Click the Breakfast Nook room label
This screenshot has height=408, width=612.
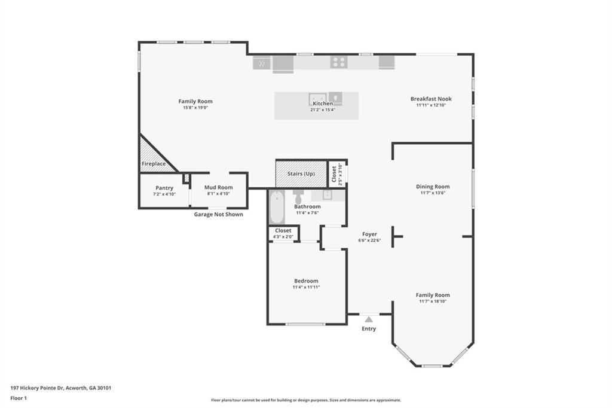coord(430,99)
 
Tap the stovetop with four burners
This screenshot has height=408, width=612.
coord(339,62)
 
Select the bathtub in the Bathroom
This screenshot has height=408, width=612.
coord(277,207)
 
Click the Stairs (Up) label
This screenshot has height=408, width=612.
coord(301,174)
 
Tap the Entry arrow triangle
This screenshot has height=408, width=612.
coord(369,319)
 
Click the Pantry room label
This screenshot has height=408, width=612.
coord(164,188)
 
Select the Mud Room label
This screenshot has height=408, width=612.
coord(218,188)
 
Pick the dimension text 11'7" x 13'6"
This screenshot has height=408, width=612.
coord(433,193)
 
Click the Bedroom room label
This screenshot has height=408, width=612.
coord(306,281)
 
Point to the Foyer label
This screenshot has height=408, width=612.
coord(369,235)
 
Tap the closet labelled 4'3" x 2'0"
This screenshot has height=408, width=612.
coord(283,233)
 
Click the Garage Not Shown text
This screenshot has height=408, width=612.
coord(218,214)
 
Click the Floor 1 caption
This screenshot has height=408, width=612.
coord(19,398)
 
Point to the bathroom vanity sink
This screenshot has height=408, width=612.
coord(326,195)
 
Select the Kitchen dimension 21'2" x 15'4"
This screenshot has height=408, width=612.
coord(322,110)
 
